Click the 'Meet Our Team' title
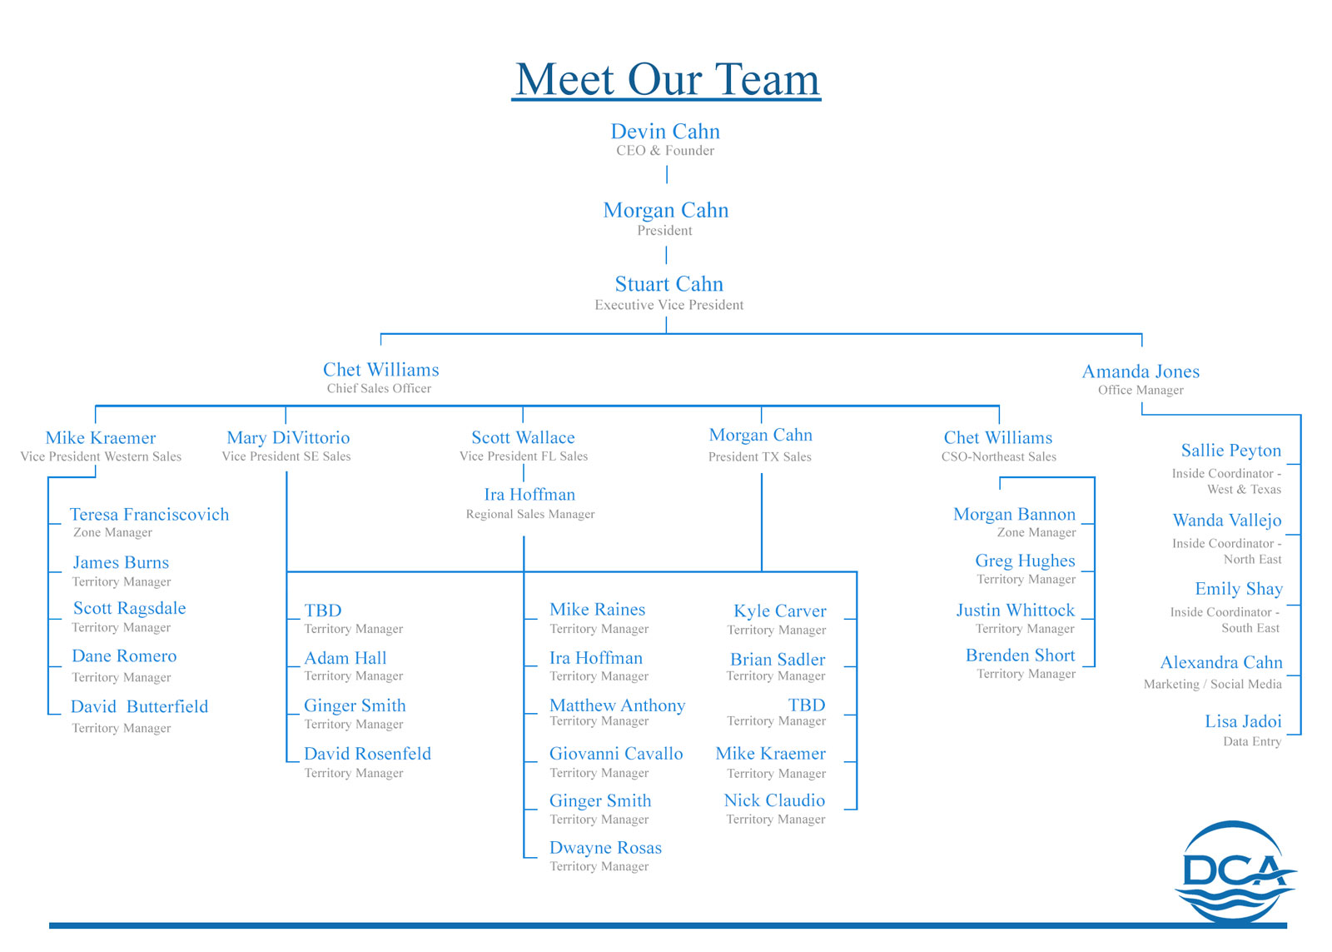click(667, 80)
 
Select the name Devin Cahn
click(665, 132)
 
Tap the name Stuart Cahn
click(668, 284)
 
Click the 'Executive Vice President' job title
click(668, 305)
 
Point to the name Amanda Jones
click(1141, 371)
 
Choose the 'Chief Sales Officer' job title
click(379, 388)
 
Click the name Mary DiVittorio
click(288, 437)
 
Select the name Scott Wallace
click(523, 437)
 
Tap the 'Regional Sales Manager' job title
click(530, 514)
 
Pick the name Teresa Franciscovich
click(149, 514)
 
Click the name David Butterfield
click(139, 706)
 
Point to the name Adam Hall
click(345, 658)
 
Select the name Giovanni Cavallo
click(616, 754)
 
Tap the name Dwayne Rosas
click(605, 848)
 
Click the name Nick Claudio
click(774, 800)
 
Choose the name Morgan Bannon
click(1014, 514)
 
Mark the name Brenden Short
click(1020, 655)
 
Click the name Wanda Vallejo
click(1227, 521)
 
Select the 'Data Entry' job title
click(1251, 741)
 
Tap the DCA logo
click(1235, 871)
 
